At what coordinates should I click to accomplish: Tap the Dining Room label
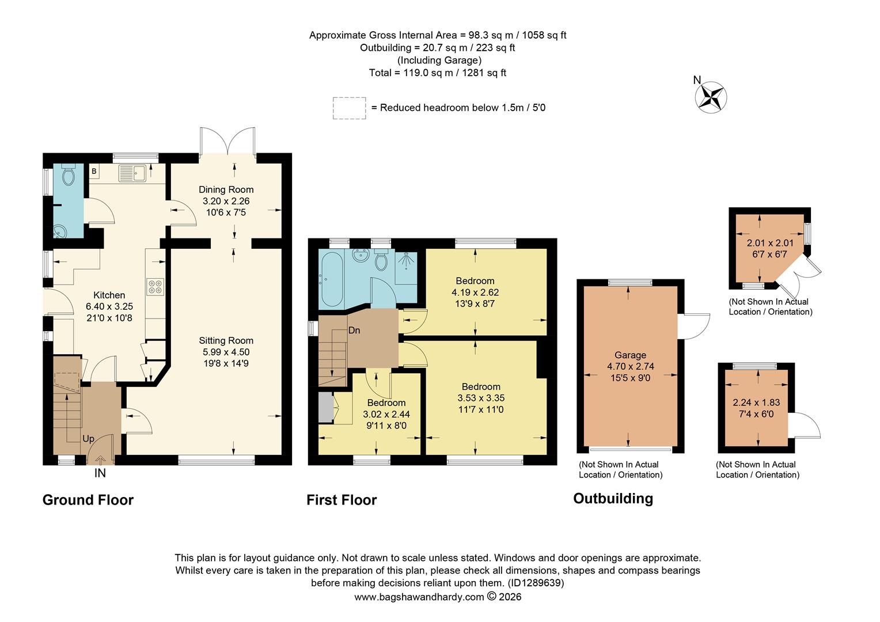(x=226, y=189)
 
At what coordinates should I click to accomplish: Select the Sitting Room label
(x=226, y=340)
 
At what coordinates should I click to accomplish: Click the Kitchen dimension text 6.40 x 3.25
(x=109, y=306)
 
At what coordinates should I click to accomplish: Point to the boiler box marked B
(x=93, y=171)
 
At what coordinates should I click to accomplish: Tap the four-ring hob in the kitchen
(x=155, y=286)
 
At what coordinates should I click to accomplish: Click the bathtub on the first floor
(x=332, y=279)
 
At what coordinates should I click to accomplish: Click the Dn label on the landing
(x=354, y=330)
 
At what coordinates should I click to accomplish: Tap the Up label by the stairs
(x=88, y=439)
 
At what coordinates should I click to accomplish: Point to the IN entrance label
(x=100, y=473)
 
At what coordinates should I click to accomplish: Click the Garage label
(x=630, y=355)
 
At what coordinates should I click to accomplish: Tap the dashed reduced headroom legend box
(x=349, y=108)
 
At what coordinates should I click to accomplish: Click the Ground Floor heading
(x=88, y=500)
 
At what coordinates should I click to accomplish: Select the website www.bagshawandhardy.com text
(x=419, y=597)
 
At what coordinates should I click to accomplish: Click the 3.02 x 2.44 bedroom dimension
(x=386, y=414)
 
